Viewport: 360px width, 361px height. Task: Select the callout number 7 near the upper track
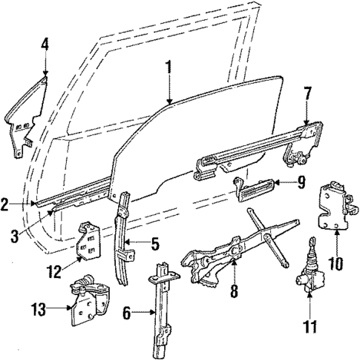(x=307, y=93)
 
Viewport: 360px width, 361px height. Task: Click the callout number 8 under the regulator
(x=233, y=292)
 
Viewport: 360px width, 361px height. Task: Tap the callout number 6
(x=127, y=314)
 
